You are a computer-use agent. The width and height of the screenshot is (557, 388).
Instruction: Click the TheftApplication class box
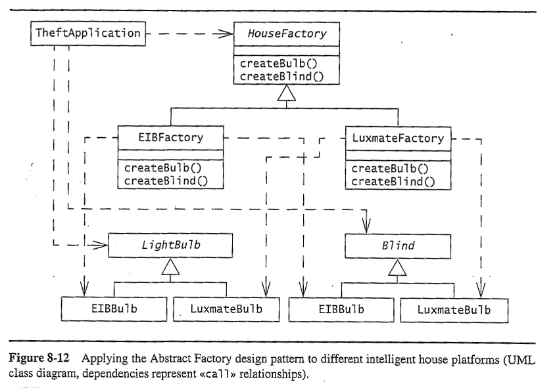[88, 33]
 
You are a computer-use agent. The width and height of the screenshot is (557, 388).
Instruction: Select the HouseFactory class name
[287, 33]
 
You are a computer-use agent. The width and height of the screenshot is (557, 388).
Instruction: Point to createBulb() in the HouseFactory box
[278, 64]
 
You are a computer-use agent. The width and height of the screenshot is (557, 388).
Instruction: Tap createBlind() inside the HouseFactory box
[281, 76]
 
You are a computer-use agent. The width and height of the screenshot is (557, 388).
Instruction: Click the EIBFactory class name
[170, 137]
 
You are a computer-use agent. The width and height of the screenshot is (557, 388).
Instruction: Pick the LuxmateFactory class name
[398, 138]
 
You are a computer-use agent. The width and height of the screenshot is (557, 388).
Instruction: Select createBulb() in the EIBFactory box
[162, 167]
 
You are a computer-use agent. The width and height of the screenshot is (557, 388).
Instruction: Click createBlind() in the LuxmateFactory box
[393, 182]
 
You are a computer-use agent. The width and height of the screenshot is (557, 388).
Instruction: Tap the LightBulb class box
[170, 245]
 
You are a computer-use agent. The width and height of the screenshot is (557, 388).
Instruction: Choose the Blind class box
[398, 246]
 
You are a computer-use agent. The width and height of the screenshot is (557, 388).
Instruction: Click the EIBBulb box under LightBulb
[114, 309]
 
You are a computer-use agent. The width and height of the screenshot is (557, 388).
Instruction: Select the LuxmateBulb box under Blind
[454, 311]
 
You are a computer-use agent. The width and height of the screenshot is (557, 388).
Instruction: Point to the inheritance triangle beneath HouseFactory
[286, 93]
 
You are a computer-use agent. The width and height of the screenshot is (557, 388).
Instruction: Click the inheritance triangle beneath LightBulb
[170, 267]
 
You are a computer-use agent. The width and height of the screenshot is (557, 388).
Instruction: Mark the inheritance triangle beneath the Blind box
[397, 267]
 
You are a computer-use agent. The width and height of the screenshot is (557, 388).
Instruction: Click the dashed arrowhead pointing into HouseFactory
[223, 33]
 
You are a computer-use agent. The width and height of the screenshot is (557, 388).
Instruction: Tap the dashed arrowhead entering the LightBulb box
[100, 245]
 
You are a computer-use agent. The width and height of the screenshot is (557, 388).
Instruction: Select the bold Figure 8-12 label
[39, 358]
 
